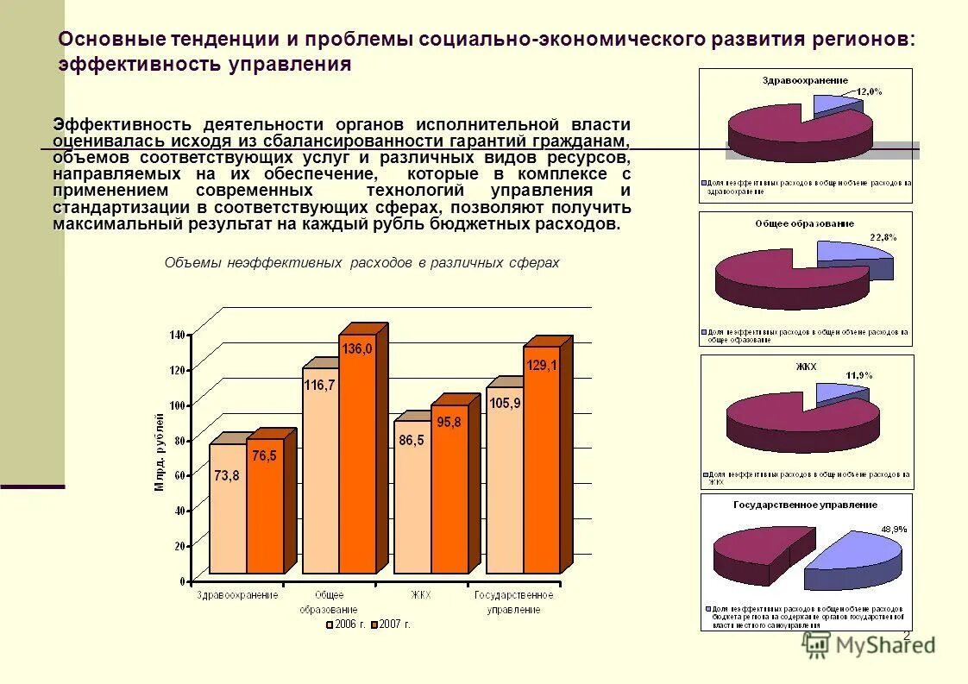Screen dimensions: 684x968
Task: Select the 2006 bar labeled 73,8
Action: (x=228, y=509)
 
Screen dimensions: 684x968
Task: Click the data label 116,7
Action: (x=319, y=386)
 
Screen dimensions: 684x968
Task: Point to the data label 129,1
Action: (x=542, y=366)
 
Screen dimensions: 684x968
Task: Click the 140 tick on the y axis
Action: (x=178, y=335)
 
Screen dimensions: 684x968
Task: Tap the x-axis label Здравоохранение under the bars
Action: (x=237, y=594)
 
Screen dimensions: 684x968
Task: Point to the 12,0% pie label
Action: (x=869, y=91)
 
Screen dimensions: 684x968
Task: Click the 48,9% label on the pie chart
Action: (x=893, y=528)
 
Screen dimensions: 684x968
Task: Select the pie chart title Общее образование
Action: (x=804, y=223)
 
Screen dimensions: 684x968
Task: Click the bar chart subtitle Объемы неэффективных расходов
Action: (x=361, y=263)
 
